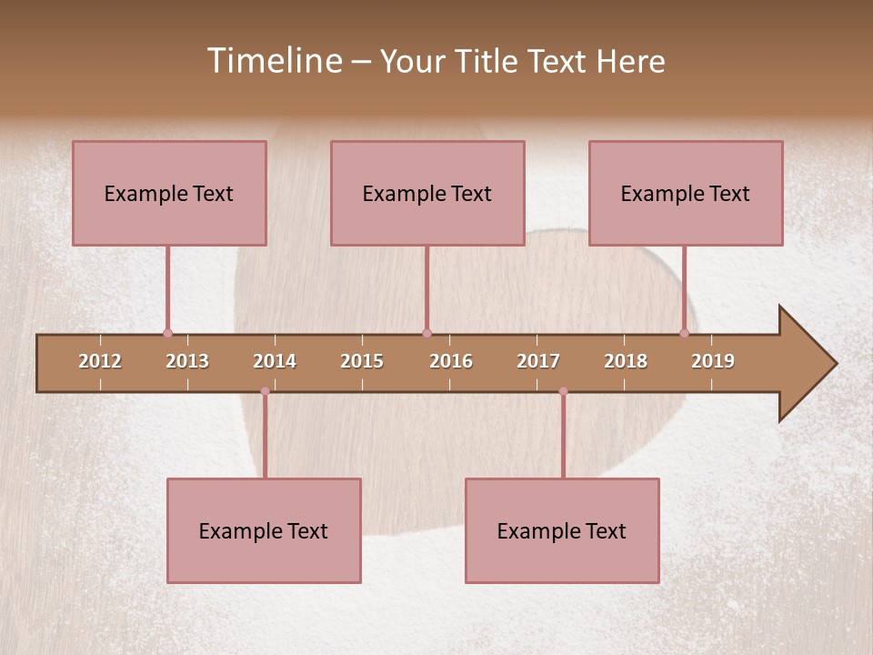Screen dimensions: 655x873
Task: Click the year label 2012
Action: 100,361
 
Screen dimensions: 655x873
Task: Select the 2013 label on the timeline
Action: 187,361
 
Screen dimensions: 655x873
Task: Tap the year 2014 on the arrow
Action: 275,361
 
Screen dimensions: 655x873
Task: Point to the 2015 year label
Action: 362,361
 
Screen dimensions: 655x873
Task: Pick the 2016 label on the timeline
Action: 451,361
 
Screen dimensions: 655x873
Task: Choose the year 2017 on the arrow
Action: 538,361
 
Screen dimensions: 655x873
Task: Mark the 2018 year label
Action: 626,361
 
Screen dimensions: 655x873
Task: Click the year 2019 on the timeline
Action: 713,361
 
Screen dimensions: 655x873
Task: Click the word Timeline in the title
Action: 273,61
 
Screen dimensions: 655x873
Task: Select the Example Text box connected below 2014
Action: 264,530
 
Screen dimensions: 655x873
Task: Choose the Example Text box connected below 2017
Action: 562,530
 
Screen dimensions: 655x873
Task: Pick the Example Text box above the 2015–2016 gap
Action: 427,193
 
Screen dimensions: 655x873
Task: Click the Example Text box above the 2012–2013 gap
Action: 169,193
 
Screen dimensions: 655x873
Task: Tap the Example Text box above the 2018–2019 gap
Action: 686,193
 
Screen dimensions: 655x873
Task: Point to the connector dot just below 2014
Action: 265,391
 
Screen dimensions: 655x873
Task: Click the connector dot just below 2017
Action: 563,391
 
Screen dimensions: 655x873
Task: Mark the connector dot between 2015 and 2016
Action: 426,333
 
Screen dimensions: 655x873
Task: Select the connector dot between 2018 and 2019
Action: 684,333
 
